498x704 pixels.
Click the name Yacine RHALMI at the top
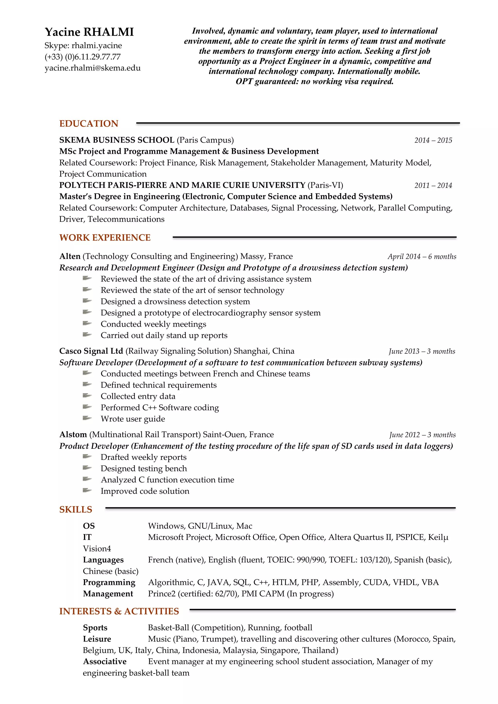89,32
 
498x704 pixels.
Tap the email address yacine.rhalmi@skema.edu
93,68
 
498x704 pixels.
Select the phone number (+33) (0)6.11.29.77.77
82,57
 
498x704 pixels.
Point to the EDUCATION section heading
89,123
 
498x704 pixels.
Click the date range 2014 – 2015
433,141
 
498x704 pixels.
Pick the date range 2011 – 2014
433,185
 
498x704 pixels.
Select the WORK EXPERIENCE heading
105,238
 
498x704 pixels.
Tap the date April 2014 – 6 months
422,257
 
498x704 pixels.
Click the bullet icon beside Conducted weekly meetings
87,324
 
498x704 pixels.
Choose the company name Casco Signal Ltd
91,351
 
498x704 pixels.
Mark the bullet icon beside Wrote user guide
87,418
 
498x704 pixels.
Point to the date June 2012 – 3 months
422,435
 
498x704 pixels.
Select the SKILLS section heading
76,510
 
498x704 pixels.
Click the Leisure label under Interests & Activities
97,639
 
